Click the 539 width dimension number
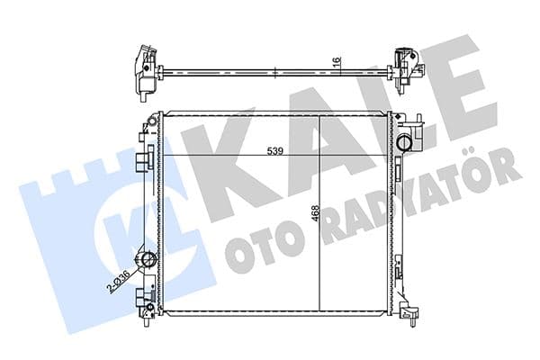point(274,151)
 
